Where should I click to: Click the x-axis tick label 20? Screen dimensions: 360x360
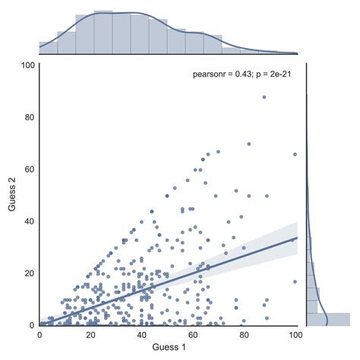[x=90, y=333]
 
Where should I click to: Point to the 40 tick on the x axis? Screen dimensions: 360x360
[x=142, y=333]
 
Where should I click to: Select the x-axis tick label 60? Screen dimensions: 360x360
[x=193, y=333]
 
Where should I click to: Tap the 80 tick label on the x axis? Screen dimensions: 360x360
[x=245, y=333]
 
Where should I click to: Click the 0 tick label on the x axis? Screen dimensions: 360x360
[x=39, y=333]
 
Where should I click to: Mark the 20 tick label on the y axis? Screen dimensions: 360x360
[x=29, y=273]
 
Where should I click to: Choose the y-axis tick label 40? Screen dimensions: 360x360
[x=29, y=221]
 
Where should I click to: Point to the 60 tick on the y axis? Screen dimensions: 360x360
[x=29, y=169]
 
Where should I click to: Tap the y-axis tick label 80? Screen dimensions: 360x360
[x=29, y=117]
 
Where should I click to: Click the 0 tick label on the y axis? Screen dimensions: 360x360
[x=31, y=325]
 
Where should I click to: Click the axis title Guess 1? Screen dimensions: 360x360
[x=167, y=346]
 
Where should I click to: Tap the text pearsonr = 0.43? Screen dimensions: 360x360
[x=220, y=75]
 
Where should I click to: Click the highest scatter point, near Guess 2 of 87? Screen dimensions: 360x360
[x=264, y=97]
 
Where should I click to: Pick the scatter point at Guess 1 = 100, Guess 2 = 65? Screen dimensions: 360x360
[x=295, y=155]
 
